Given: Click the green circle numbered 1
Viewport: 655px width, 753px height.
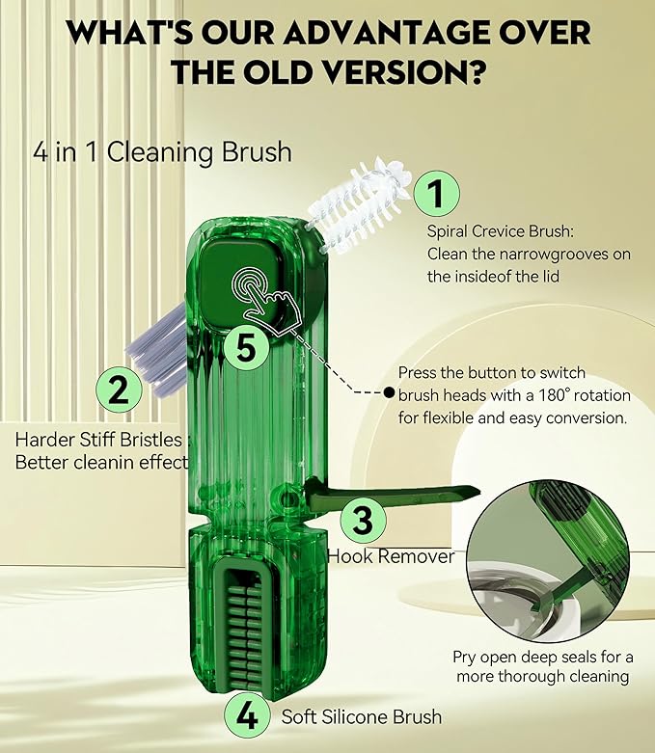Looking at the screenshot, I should (436, 196).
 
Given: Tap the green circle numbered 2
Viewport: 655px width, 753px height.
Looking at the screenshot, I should (119, 390).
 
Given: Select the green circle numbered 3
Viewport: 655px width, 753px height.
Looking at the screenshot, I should (362, 521).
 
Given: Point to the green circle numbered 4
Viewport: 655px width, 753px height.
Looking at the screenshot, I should (246, 716).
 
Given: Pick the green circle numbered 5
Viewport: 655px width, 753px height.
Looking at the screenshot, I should (246, 348).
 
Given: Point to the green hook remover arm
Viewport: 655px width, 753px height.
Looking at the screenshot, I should (396, 494).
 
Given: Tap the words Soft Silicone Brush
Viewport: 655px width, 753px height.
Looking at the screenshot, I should (362, 716).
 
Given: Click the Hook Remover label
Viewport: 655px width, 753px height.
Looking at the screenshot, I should (390, 556).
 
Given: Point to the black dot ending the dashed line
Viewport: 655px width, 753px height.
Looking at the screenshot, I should (389, 392).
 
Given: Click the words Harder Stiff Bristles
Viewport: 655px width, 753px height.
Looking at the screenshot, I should (98, 440).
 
